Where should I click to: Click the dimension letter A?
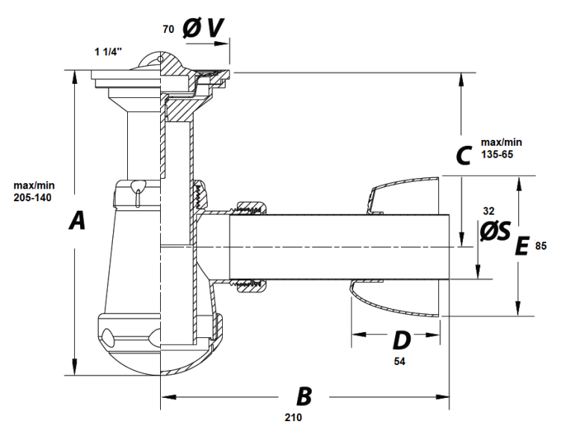(x=76, y=221)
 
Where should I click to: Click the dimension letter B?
(x=303, y=396)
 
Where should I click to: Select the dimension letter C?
(x=463, y=156)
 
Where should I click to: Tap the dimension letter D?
(x=402, y=340)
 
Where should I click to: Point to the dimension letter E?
(x=523, y=246)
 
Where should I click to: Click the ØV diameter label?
(x=202, y=28)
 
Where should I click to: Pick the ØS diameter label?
(x=494, y=232)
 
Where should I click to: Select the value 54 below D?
(x=400, y=361)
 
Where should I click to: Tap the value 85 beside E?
(x=542, y=246)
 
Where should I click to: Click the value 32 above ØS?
(x=490, y=212)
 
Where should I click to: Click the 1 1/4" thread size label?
(x=108, y=52)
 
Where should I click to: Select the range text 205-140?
(x=34, y=197)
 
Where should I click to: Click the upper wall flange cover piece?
(x=400, y=196)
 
